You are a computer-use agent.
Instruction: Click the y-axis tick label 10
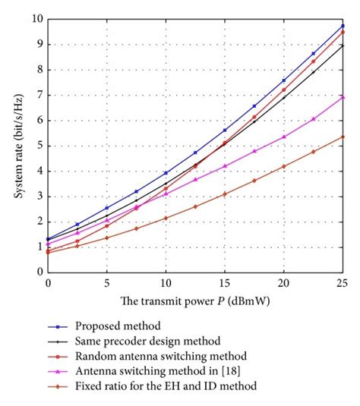[x=35, y=18]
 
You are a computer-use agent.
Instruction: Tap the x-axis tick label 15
[x=224, y=281]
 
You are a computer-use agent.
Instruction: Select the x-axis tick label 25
[x=343, y=281]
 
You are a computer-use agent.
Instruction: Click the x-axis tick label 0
[x=48, y=281]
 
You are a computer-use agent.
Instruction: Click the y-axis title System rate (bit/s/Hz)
[x=16, y=145]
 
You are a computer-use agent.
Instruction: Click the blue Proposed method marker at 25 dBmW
[x=343, y=26]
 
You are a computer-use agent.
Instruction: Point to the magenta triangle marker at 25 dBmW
[x=343, y=97]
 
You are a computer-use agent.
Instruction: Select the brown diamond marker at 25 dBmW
[x=343, y=137]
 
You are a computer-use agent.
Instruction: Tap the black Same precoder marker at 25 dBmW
[x=343, y=46]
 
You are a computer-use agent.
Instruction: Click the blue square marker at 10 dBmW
[x=166, y=173]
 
